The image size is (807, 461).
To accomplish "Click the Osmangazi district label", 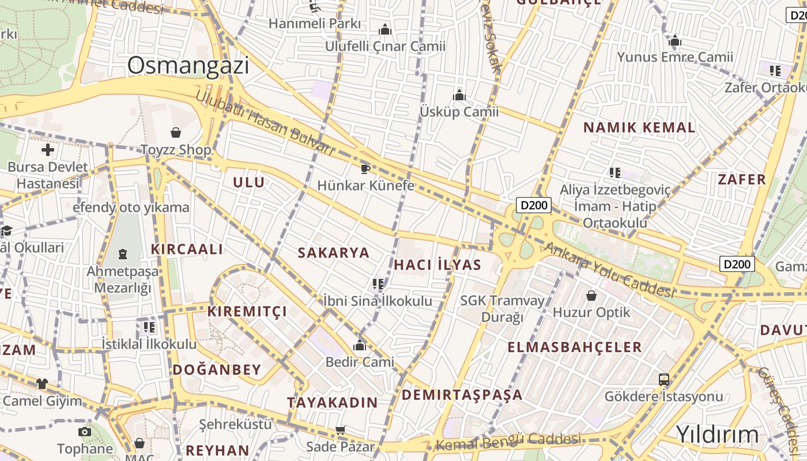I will click(x=188, y=66).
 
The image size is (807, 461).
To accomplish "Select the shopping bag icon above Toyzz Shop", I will click(x=176, y=133).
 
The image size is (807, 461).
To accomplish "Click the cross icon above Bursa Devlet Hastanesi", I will click(x=48, y=150).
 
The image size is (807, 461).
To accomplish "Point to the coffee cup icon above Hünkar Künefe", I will click(x=365, y=168).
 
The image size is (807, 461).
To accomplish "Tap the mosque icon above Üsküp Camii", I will click(x=459, y=95).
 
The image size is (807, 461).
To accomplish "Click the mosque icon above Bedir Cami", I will click(x=360, y=345).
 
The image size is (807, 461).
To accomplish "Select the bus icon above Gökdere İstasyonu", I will click(x=663, y=380).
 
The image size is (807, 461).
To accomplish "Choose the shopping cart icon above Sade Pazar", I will click(x=340, y=430).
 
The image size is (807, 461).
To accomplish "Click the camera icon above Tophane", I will click(x=85, y=432).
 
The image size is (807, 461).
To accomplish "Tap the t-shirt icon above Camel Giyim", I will click(x=42, y=383).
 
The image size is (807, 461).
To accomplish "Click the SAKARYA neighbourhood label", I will click(x=333, y=252).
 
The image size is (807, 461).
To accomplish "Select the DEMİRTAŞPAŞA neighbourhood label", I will click(x=462, y=395).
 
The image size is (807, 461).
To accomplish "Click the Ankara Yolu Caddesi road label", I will click(x=609, y=270).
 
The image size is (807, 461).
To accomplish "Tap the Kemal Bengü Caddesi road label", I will click(x=508, y=442).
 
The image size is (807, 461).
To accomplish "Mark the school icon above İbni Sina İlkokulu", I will click(x=378, y=284).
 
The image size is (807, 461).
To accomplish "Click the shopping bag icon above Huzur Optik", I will click(x=591, y=296).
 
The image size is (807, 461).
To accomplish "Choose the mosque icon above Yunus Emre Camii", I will click(x=675, y=40).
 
